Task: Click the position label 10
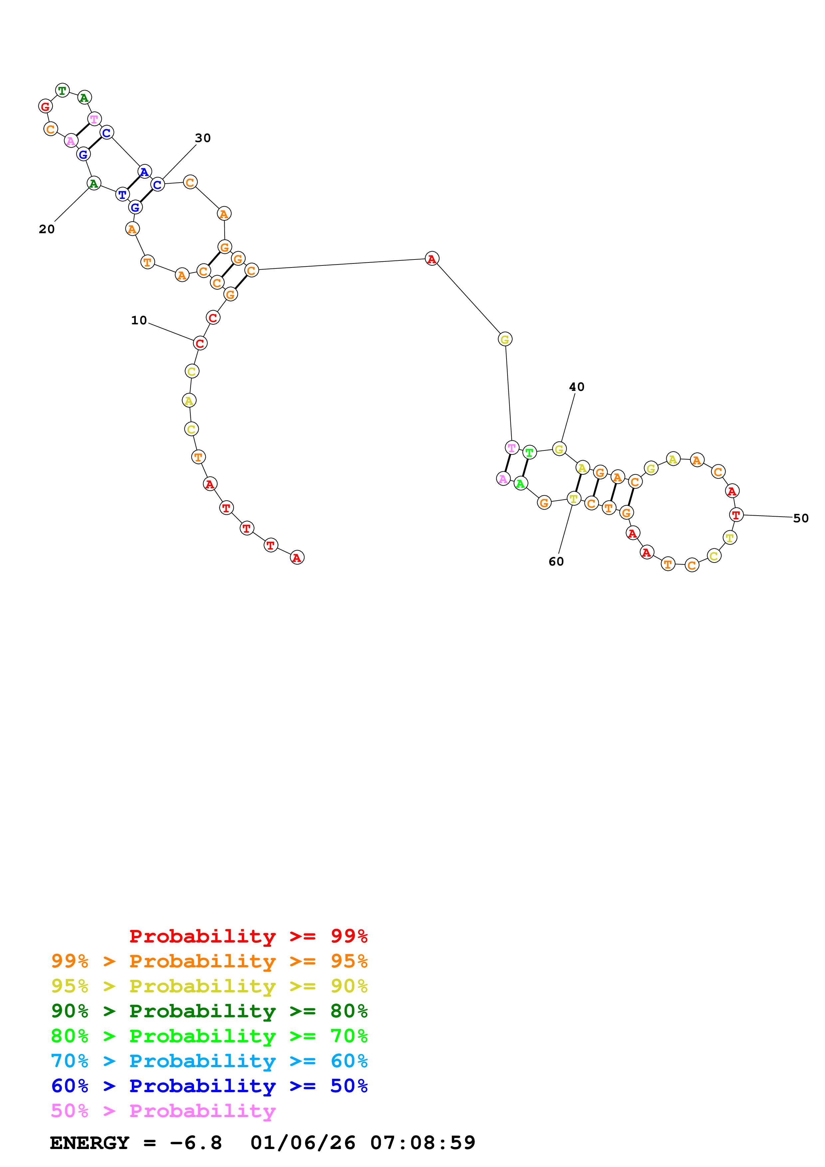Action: pos(139,320)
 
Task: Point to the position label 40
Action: pos(576,387)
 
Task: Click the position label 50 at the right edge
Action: pos(801,518)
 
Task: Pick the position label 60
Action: pos(556,561)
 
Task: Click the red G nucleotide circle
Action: pos(46,106)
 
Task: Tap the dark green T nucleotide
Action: pos(62,90)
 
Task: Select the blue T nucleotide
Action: pos(122,194)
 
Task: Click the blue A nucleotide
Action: pos(144,172)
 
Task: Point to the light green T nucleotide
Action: pos(529,452)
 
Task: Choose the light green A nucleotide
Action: pos(520,483)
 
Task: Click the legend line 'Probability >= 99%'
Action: pos(248,936)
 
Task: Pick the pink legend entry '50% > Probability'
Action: pos(163,1110)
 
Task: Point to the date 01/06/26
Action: pos(303,1143)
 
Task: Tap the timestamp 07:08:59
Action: pos(422,1143)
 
